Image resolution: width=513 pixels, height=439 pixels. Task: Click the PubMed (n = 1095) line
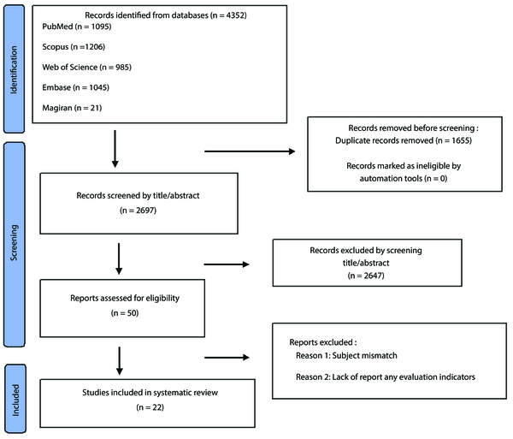coord(77,27)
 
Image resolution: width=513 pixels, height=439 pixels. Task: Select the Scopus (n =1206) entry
coord(74,47)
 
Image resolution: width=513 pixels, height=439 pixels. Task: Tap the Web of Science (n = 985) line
coord(86,67)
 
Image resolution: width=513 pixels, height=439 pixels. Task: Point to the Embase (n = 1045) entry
coord(75,87)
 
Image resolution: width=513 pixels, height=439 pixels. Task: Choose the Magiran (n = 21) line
coord(72,108)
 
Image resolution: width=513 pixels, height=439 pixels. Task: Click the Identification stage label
coord(14,69)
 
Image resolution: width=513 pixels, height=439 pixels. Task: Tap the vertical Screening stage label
coord(14,242)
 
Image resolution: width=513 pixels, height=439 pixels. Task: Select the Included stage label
coord(15,400)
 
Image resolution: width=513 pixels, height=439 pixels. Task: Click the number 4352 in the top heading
coord(235,15)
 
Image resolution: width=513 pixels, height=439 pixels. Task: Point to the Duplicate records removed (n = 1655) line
coord(404,140)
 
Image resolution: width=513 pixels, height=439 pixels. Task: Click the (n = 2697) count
coord(138,211)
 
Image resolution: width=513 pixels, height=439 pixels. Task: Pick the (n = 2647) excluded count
coord(366,276)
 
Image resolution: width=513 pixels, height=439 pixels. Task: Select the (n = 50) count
coord(125,313)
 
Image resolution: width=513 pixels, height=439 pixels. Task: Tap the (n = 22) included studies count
coord(150,407)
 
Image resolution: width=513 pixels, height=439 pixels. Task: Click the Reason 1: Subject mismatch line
coord(346,355)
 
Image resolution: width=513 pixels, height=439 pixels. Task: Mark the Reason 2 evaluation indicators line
coord(386,377)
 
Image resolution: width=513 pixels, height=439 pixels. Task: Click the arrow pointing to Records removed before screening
coord(250,151)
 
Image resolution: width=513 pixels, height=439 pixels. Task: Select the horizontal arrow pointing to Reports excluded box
coord(227,358)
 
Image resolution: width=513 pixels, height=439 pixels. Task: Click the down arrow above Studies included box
coord(120,361)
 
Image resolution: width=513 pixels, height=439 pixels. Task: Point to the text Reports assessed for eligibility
coord(125,299)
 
